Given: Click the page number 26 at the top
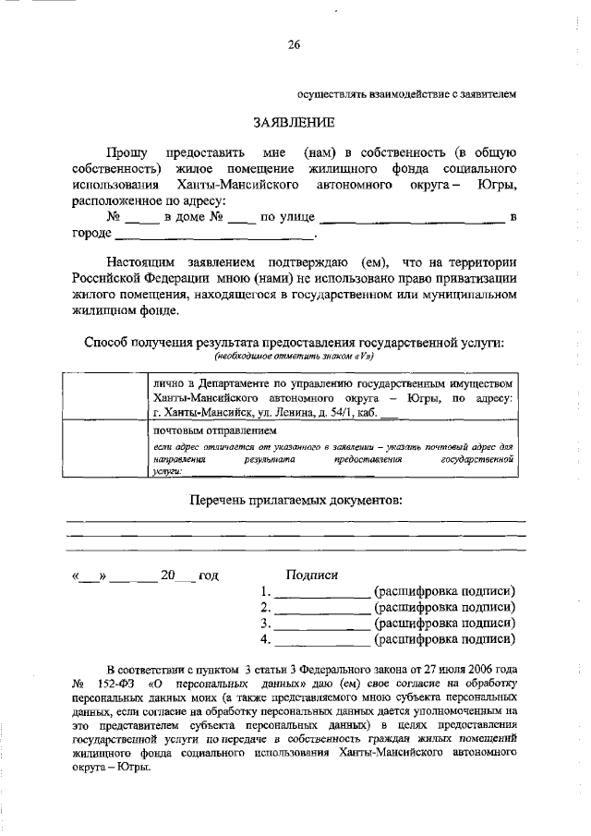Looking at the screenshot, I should click(x=295, y=43).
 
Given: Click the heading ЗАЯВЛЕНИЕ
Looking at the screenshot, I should click(x=295, y=122).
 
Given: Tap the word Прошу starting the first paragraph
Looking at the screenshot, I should click(x=125, y=152).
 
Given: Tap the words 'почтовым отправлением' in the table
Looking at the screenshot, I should click(x=214, y=430).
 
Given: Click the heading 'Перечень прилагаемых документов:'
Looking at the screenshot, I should click(x=295, y=500).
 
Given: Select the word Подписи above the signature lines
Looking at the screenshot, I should click(x=312, y=574).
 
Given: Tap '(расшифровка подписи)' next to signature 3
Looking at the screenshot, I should click(x=444, y=623).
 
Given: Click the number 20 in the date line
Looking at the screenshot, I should click(x=167, y=576).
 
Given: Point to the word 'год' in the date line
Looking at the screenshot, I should click(x=208, y=576).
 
